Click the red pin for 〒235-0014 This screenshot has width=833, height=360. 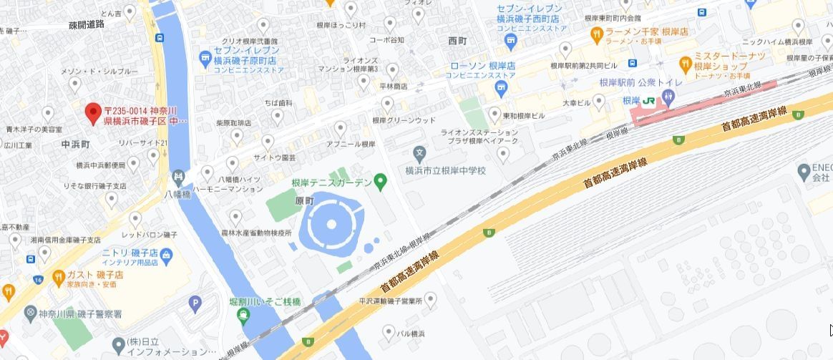92,112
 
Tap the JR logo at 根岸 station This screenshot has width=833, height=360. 648,101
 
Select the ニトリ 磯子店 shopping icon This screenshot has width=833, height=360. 166,255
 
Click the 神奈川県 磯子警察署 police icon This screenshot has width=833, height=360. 30,313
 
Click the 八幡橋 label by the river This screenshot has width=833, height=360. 177,194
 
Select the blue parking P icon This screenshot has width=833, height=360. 195,304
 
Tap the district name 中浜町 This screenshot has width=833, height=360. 76,144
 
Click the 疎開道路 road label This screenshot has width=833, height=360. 87,24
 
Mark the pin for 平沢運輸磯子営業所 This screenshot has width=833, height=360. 429,301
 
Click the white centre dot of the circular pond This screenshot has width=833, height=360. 331,225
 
